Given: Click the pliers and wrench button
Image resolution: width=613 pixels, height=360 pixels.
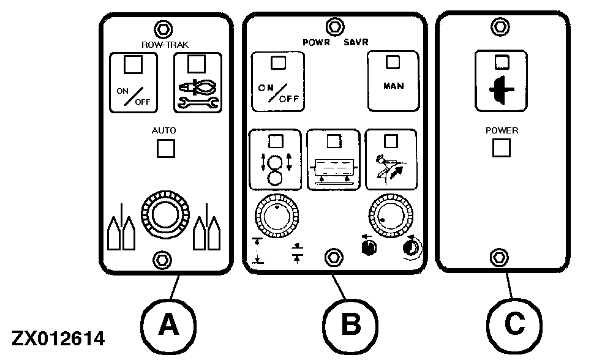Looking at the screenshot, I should (197, 83).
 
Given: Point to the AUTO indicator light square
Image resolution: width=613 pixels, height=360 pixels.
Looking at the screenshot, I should (165, 149).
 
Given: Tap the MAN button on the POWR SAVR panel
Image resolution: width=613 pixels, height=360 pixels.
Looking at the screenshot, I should (393, 80).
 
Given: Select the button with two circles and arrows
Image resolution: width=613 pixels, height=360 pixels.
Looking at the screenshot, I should (276, 159).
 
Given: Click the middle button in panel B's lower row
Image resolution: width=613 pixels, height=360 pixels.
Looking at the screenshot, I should (333, 159).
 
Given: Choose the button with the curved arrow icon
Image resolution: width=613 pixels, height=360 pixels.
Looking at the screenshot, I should (391, 159).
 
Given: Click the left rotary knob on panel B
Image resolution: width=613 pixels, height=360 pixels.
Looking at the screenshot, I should (276, 217).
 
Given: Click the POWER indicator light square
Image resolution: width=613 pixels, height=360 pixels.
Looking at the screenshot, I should (502, 148).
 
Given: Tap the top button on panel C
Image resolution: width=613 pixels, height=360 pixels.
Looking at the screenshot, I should (501, 80).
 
